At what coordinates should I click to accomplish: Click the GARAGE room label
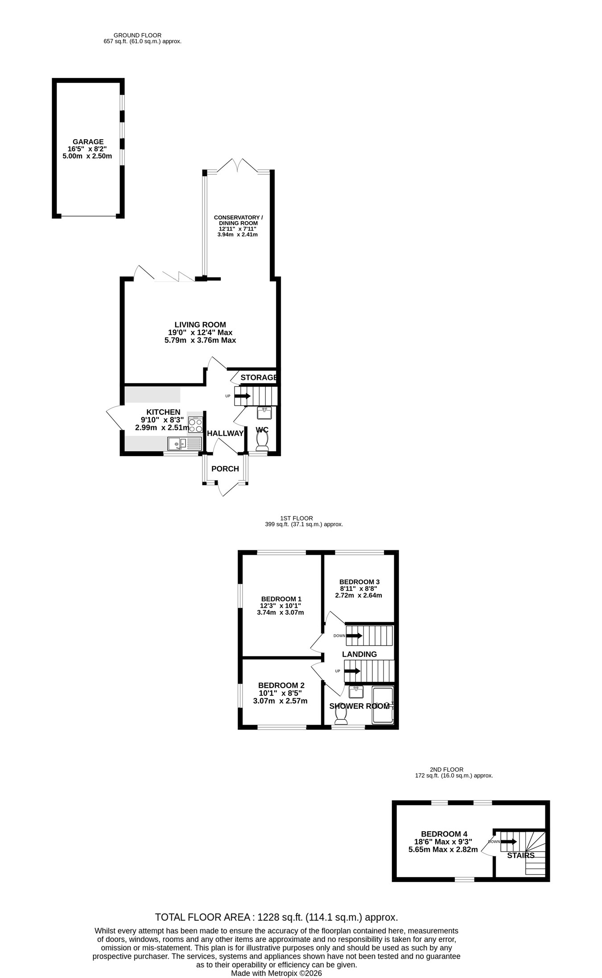point(88,142)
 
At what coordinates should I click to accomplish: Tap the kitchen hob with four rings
point(195,424)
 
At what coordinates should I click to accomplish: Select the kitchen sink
point(185,443)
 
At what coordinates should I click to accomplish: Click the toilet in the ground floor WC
point(262,442)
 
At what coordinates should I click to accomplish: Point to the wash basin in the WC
point(264,413)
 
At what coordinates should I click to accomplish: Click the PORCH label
point(225,469)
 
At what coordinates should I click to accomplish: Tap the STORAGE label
point(259,377)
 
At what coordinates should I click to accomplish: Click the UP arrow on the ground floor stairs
point(243,396)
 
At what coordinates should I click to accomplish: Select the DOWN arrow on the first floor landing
point(354,635)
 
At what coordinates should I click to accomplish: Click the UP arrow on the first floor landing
point(352,671)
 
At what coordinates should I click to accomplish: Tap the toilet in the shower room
point(341,714)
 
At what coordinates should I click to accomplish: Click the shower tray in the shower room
point(383,705)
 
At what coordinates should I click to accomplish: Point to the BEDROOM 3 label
point(359,582)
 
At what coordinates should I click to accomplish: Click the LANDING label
point(359,654)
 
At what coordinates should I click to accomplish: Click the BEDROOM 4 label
point(444,834)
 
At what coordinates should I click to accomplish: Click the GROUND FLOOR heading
point(137,35)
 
